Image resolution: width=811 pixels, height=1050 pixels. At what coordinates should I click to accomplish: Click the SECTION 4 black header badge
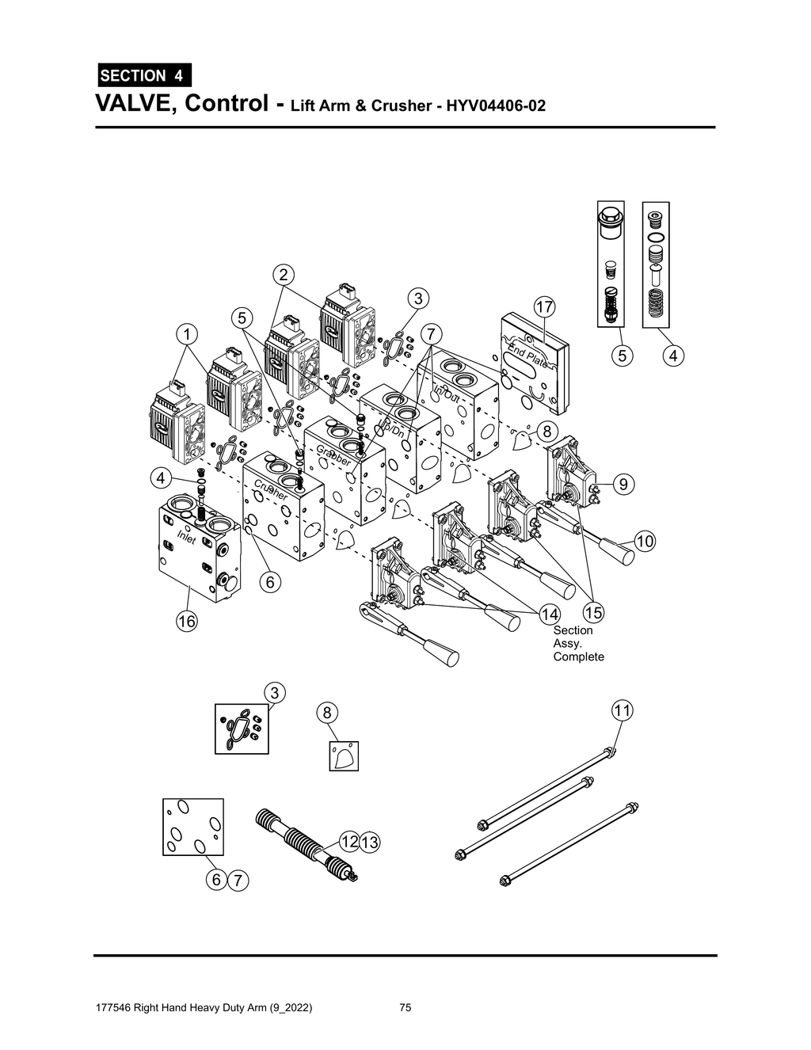coord(143,76)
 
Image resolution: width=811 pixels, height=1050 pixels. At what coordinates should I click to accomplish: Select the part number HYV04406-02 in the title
coord(496,105)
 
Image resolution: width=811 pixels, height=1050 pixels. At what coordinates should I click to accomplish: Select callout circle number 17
coord(544,306)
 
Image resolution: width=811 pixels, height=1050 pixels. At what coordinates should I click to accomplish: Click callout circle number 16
coord(186,622)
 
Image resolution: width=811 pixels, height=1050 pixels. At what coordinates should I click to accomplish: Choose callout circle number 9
coord(623,483)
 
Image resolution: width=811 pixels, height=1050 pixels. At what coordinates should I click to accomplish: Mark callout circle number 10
coord(645,542)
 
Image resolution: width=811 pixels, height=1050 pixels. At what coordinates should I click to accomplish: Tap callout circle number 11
coord(623,710)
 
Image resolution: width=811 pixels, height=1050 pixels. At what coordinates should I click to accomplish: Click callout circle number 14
coord(550,613)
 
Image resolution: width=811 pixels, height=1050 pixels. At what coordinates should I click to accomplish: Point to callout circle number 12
coord(348,841)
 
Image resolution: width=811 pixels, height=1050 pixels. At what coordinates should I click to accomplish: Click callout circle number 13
coord(369,842)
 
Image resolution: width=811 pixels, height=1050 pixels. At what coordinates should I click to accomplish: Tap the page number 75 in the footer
coord(405,1008)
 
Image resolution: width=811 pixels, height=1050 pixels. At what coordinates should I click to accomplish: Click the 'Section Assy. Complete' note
coord(578,643)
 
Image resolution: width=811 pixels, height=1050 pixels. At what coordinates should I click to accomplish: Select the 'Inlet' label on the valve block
coord(186,538)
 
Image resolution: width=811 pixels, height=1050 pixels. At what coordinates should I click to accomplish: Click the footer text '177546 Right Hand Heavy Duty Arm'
coord(203,1008)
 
